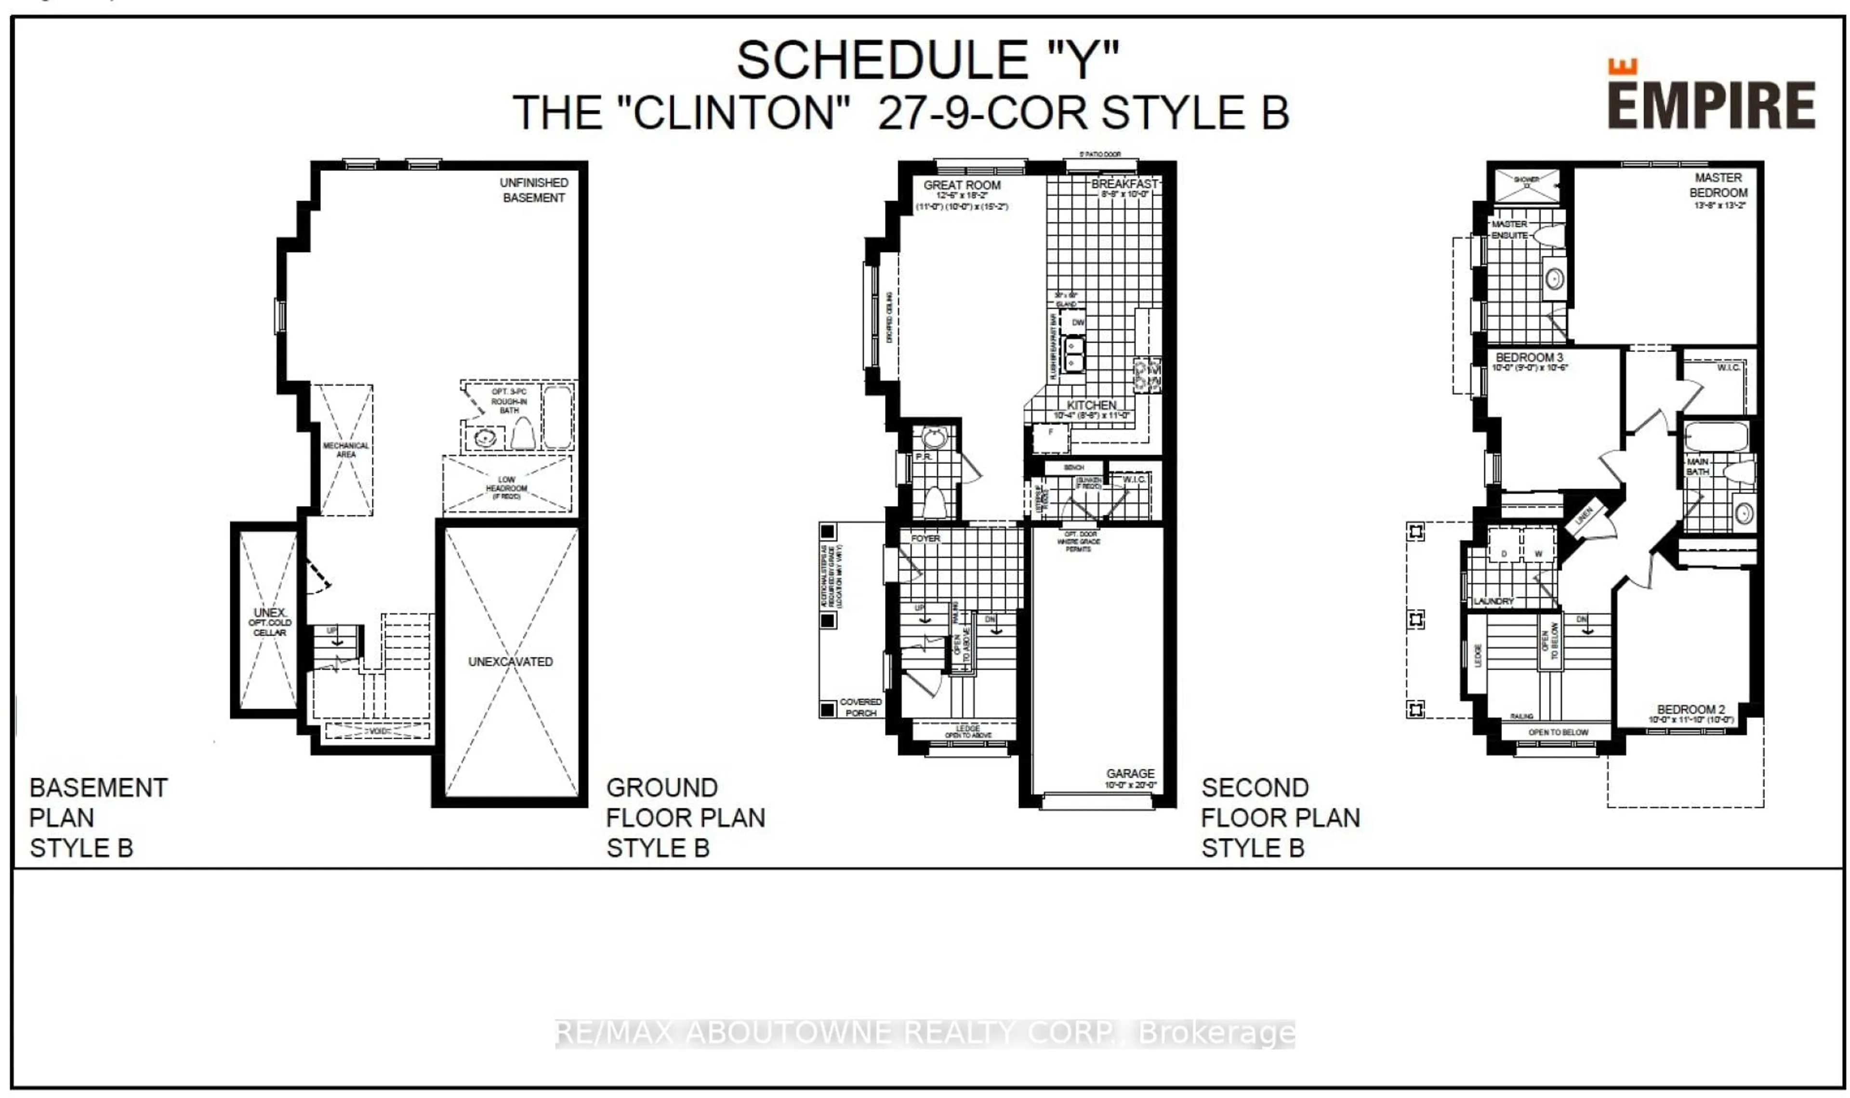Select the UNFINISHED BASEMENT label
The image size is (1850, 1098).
coord(533,190)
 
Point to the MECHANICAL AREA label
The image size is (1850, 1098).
coord(345,450)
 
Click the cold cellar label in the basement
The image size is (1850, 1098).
coord(269,622)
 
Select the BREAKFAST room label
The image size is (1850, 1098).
coord(1123,183)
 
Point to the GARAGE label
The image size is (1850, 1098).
coord(1130,773)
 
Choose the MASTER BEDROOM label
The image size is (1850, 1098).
coord(1718,185)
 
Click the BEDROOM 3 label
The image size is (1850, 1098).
coord(1529,357)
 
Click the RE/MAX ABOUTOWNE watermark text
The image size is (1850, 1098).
coord(925,1033)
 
